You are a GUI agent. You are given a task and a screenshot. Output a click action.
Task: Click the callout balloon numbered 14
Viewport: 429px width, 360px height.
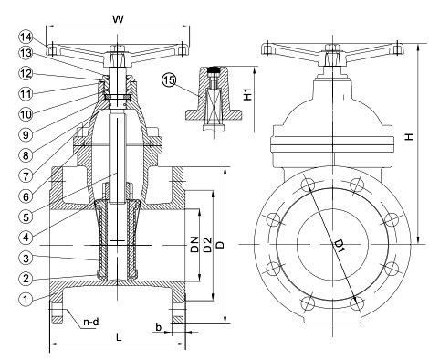26,37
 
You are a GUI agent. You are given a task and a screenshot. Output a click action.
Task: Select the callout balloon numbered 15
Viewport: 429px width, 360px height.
169,80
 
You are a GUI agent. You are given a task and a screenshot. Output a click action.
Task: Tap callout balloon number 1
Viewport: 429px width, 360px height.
26,299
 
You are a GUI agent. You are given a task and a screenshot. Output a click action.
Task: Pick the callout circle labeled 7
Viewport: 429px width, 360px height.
26,175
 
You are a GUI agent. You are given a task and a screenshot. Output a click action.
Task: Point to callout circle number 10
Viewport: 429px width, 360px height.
26,114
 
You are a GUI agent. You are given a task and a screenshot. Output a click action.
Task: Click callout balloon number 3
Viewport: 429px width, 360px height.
26,258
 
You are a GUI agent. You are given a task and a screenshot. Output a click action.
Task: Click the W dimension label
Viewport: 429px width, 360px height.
119,19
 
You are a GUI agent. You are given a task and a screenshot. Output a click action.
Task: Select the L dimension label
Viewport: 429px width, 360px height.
119,336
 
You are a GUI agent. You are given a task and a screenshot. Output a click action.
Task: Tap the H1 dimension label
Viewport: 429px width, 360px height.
248,95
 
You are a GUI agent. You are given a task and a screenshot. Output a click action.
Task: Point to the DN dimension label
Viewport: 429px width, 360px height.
194,244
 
